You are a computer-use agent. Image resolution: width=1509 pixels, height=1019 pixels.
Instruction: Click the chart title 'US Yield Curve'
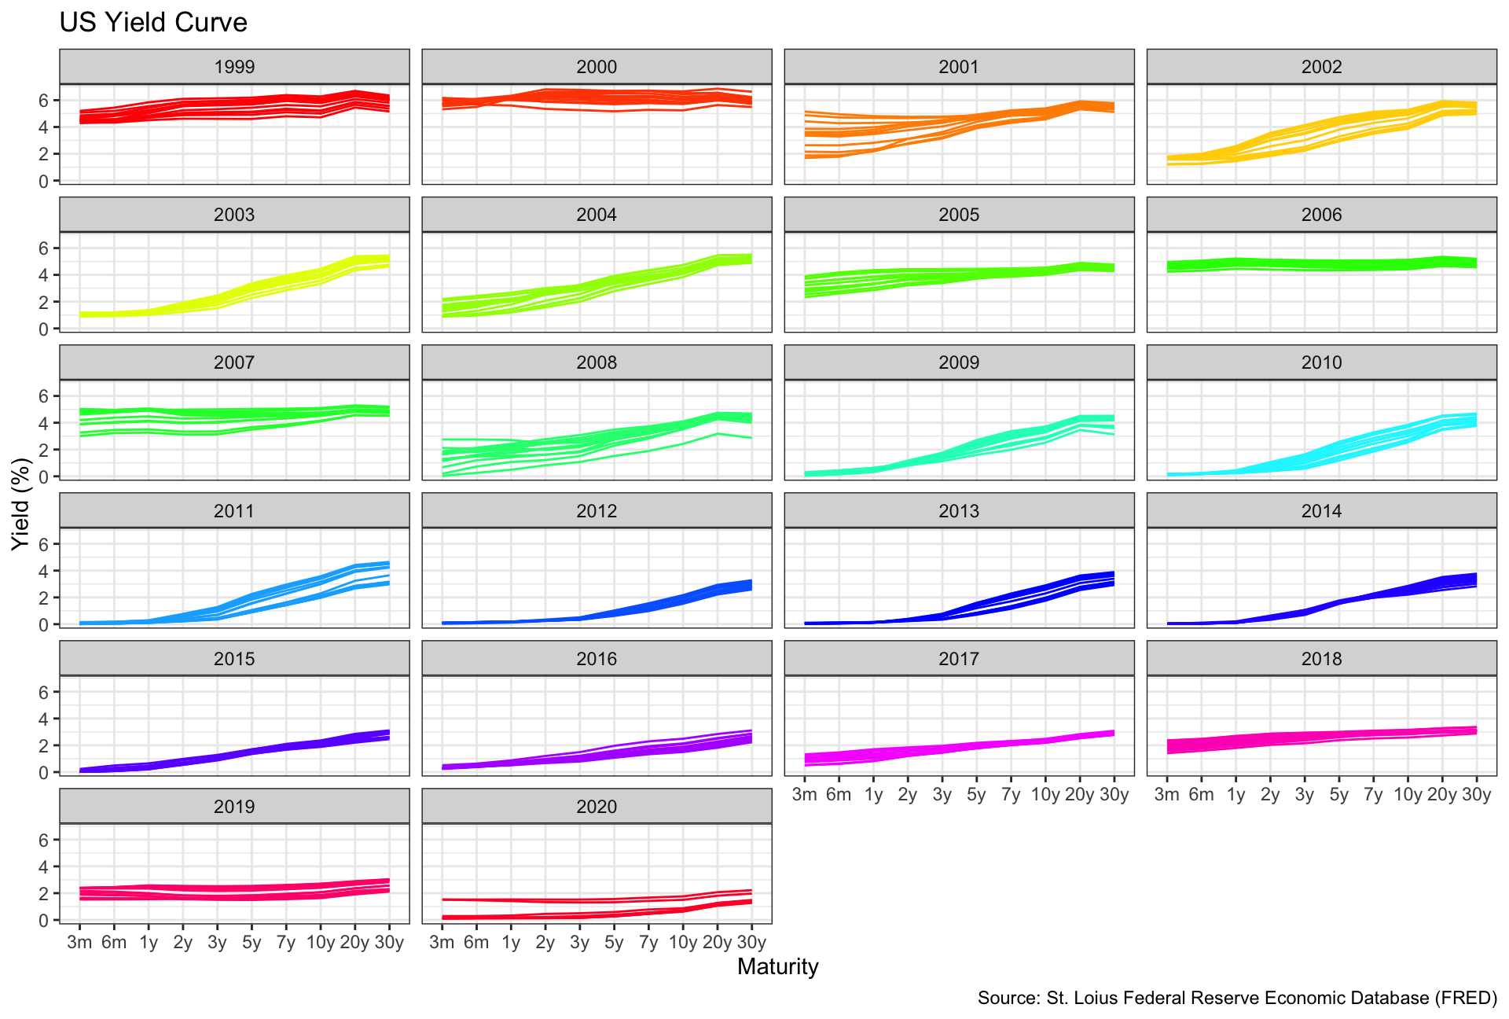pos(153,23)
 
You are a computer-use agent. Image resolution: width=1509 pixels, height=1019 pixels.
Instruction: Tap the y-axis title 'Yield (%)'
pos(21,507)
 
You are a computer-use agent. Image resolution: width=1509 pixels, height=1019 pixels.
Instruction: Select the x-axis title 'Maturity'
pos(777,966)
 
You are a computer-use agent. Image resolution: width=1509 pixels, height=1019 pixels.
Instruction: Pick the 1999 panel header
pos(234,67)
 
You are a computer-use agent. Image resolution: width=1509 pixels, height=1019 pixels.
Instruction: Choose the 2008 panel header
pos(597,362)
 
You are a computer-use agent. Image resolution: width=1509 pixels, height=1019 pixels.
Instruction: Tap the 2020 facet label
pos(597,807)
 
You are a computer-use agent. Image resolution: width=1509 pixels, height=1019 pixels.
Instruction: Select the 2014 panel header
pos(1321,511)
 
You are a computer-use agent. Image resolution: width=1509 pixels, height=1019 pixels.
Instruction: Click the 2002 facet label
pos(1321,67)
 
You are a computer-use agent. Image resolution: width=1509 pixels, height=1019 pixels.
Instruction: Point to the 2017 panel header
pos(959,659)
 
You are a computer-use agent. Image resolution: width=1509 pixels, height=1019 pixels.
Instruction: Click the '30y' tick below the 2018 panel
pos(1477,794)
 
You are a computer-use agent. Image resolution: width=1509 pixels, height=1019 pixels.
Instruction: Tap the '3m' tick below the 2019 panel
pos(79,942)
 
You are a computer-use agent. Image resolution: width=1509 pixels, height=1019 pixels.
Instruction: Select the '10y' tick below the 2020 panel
pos(682,942)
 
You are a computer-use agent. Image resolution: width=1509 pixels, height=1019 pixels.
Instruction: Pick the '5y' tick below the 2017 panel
pos(976,794)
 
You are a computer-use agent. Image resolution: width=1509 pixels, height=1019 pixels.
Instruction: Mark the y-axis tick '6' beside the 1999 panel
pos(44,101)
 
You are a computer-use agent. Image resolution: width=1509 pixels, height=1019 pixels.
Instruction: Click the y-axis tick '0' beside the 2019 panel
pos(44,921)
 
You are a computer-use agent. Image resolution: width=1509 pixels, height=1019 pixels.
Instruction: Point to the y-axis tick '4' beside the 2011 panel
pos(44,571)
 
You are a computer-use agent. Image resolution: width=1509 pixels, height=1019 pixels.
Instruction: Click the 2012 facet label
pos(597,511)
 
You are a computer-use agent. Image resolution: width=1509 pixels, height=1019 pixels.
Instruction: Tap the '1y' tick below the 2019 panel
pos(149,942)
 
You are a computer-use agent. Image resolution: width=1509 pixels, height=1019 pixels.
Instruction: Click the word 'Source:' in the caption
pos(1008,998)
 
